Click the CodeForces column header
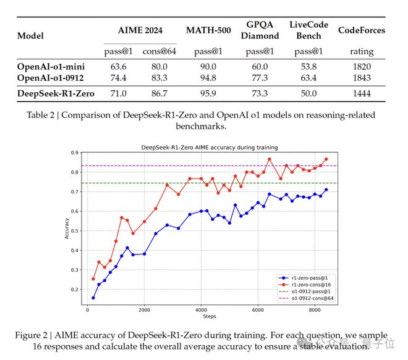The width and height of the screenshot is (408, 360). [x=361, y=30]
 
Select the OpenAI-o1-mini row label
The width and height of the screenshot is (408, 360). [x=51, y=66]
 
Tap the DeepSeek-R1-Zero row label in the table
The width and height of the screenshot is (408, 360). [x=55, y=93]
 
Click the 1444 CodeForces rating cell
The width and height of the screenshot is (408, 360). [x=360, y=93]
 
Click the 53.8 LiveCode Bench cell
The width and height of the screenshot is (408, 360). [x=308, y=66]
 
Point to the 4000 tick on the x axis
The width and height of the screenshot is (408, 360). [x=201, y=310]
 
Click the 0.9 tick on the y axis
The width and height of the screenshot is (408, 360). [x=74, y=153]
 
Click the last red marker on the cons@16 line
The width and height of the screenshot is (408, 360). [x=326, y=159]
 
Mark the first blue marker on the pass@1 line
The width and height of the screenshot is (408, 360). [x=93, y=298]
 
